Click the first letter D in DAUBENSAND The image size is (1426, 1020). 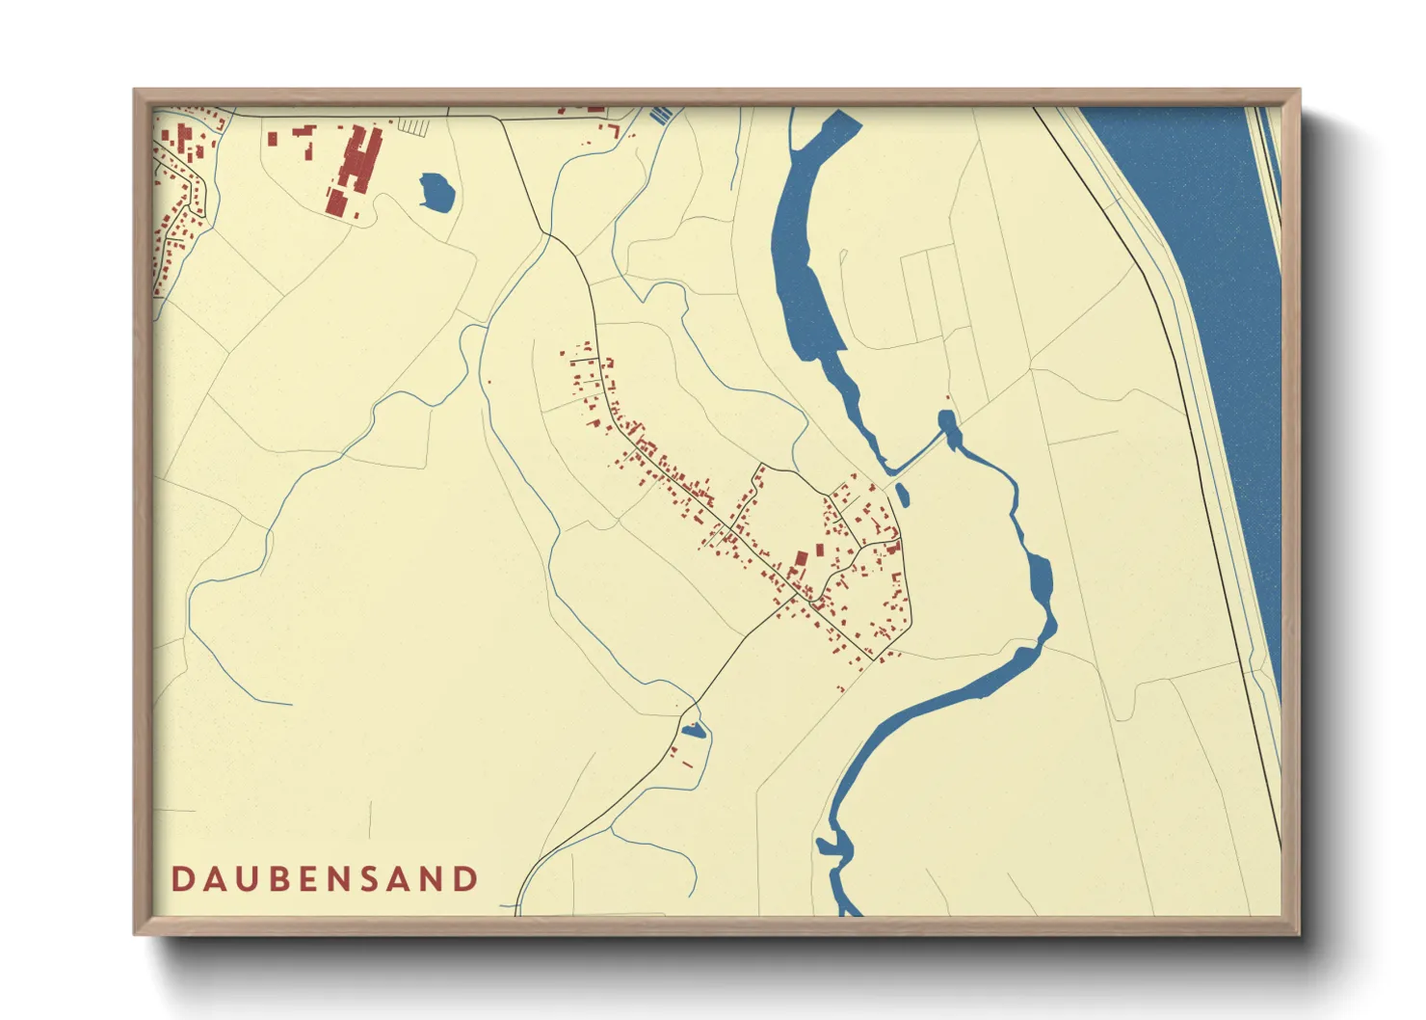pos(181,879)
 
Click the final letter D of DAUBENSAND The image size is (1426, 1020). pos(467,879)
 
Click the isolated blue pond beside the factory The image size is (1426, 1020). pos(436,193)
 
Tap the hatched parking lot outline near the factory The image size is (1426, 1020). pos(413,127)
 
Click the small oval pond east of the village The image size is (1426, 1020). pos(902,495)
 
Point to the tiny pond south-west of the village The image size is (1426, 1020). pos(693,731)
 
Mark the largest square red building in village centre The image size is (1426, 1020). pos(800,558)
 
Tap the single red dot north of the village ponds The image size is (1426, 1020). pos(948,398)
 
